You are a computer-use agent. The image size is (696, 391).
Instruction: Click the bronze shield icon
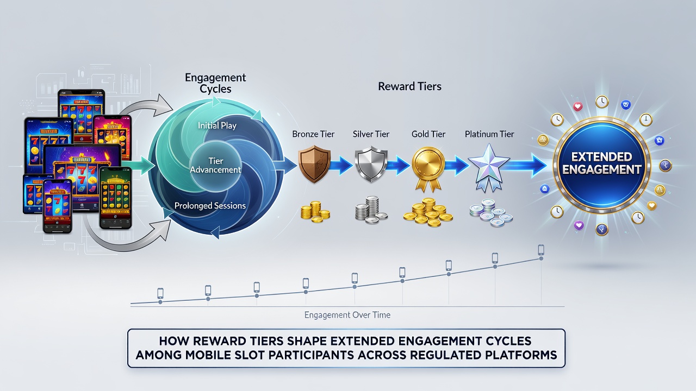[x=314, y=164]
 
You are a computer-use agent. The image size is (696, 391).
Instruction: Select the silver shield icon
[x=371, y=165]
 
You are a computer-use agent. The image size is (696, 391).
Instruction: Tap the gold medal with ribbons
[x=428, y=169]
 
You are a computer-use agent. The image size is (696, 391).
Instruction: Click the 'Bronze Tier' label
[x=313, y=134]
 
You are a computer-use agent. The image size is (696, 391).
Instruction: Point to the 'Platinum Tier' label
[x=489, y=134]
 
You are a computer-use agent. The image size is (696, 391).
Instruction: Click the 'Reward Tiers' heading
[x=409, y=86]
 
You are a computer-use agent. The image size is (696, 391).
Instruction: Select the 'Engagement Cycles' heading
[x=215, y=83]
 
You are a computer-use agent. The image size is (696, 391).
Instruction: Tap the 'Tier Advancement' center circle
[x=216, y=165]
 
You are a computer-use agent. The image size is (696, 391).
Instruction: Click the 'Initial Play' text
[x=217, y=125]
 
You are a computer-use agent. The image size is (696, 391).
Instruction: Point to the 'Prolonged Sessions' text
[x=210, y=205]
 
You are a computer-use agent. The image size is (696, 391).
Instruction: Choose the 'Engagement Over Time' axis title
[x=347, y=315]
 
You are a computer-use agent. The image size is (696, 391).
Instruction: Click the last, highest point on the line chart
[x=541, y=258]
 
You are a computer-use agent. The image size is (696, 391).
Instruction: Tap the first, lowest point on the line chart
[x=160, y=302]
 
